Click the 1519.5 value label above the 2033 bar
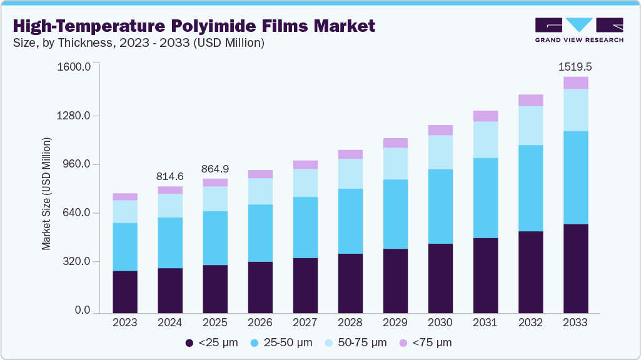(x=575, y=66)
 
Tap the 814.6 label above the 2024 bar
(x=170, y=176)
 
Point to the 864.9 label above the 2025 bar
(x=215, y=169)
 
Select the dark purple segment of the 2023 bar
(x=125, y=292)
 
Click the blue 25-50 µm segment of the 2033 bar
(x=575, y=177)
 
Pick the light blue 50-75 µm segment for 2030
(x=440, y=152)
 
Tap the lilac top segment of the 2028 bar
(x=350, y=154)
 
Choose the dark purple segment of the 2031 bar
(x=485, y=276)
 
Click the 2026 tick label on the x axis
(x=260, y=322)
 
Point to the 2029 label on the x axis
(x=395, y=322)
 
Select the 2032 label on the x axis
(x=530, y=322)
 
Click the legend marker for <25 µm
(x=189, y=342)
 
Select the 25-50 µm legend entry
(x=281, y=342)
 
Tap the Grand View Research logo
(x=579, y=30)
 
